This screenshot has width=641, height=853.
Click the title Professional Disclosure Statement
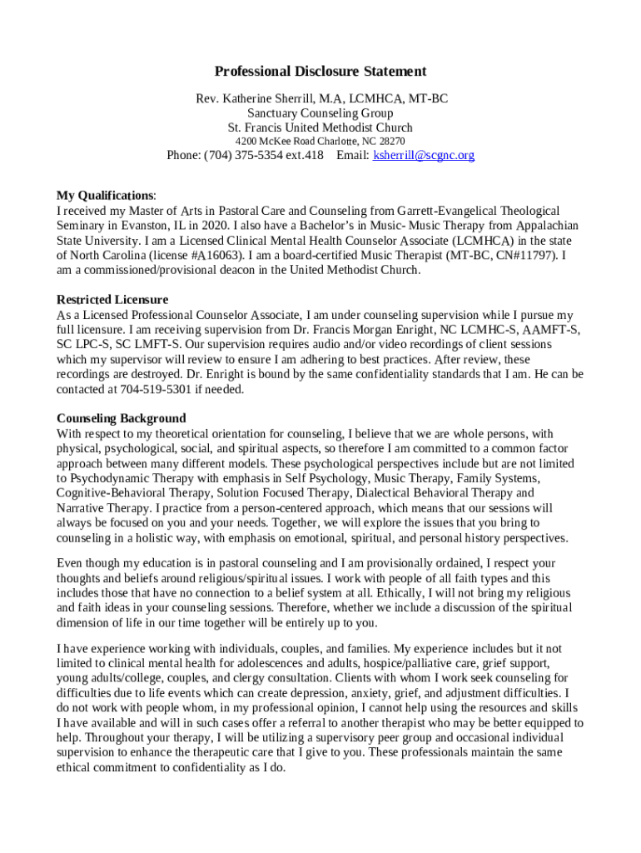click(320, 72)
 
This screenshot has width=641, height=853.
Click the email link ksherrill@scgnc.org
click(424, 155)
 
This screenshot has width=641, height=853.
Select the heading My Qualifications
click(105, 195)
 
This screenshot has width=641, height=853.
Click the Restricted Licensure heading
click(112, 299)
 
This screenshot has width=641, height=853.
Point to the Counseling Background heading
click(121, 418)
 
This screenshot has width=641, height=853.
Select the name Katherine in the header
click(252, 98)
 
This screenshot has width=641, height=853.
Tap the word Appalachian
click(547, 226)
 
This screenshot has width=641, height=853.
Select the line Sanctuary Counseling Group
click(320, 113)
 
